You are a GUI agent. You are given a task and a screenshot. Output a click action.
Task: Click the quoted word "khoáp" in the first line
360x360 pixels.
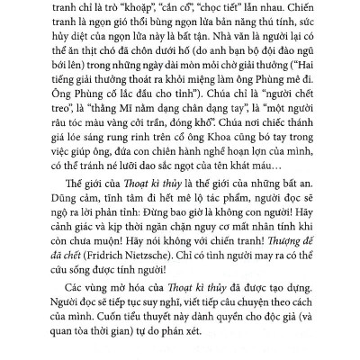coord(161,9)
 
